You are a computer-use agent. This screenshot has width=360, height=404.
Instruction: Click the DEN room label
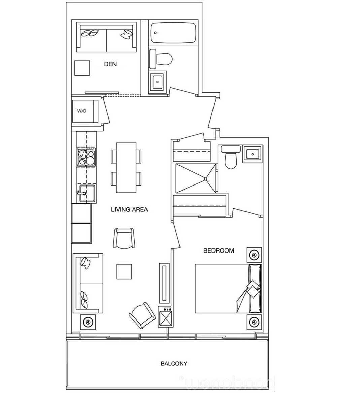(110, 64)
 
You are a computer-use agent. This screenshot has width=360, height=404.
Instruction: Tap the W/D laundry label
(82, 111)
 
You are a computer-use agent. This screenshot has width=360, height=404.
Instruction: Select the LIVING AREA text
(129, 210)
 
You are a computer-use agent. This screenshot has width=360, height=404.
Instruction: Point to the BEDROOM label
(219, 251)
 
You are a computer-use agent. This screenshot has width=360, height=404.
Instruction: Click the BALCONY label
(173, 364)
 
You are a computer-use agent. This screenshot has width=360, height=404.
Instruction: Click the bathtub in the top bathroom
(173, 33)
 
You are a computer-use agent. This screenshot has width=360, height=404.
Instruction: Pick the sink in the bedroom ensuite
(252, 154)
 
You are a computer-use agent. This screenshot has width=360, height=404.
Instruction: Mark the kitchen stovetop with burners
(86, 158)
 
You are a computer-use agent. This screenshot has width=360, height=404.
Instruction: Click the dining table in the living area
(126, 168)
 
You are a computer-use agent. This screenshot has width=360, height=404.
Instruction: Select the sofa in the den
(106, 37)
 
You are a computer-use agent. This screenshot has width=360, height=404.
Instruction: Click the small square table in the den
(82, 68)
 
